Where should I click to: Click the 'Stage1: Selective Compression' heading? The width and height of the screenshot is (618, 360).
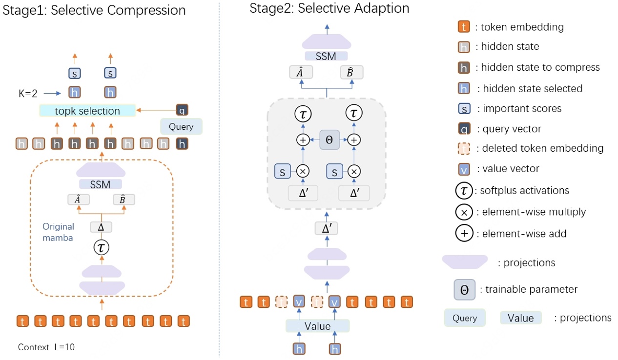[94, 10]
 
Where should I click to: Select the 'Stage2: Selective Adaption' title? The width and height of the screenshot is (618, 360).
[330, 8]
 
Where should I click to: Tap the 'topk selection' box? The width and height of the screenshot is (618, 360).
[87, 111]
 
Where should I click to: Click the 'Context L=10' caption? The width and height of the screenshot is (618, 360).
[46, 347]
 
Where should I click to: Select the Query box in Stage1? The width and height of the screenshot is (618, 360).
[181, 127]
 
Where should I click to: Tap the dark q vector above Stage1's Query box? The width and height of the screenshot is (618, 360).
[182, 110]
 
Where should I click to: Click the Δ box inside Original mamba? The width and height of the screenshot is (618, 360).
[101, 227]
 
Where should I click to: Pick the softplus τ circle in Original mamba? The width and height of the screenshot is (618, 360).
[101, 248]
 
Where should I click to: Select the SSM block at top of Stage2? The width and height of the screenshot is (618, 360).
[326, 56]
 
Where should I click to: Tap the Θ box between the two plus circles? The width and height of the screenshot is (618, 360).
[329, 140]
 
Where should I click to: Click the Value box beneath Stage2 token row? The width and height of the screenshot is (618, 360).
[317, 326]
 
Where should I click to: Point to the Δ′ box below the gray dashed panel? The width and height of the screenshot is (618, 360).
[327, 228]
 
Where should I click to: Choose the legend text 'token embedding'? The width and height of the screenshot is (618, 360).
[522, 27]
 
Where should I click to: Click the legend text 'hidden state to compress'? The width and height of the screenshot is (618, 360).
[540, 67]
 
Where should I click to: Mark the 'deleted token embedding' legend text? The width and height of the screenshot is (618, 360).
[542, 148]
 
